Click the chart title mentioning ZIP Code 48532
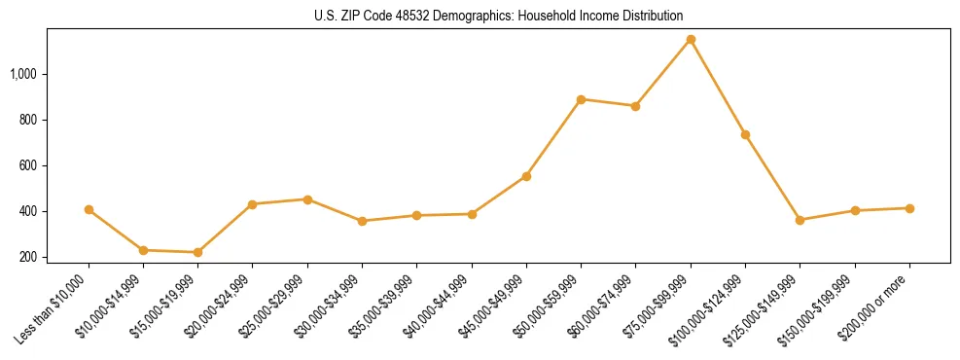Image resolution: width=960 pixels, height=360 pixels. coord(498,16)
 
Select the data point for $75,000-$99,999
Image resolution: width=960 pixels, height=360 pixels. coord(691,40)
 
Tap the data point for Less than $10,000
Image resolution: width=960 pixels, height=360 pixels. coord(89,209)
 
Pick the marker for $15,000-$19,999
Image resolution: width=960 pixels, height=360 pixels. coord(198,252)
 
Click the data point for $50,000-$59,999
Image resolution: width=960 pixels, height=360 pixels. coord(581,99)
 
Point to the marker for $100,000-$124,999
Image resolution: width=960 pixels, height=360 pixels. coord(745,134)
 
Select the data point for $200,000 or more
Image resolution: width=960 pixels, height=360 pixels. coord(909,208)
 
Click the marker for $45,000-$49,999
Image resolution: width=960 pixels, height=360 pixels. coord(526,176)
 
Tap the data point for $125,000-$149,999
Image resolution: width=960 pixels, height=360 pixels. coord(800,220)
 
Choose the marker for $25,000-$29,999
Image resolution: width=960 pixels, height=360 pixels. coord(307,199)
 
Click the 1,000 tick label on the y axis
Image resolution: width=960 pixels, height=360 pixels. coord(23,74)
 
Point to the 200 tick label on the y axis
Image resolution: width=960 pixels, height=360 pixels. coord(28,257)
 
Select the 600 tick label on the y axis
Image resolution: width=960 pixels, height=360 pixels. coord(28,165)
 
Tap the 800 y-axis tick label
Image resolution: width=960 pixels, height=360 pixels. coord(28,120)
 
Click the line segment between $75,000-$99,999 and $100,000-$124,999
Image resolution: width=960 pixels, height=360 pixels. coord(718,88)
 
